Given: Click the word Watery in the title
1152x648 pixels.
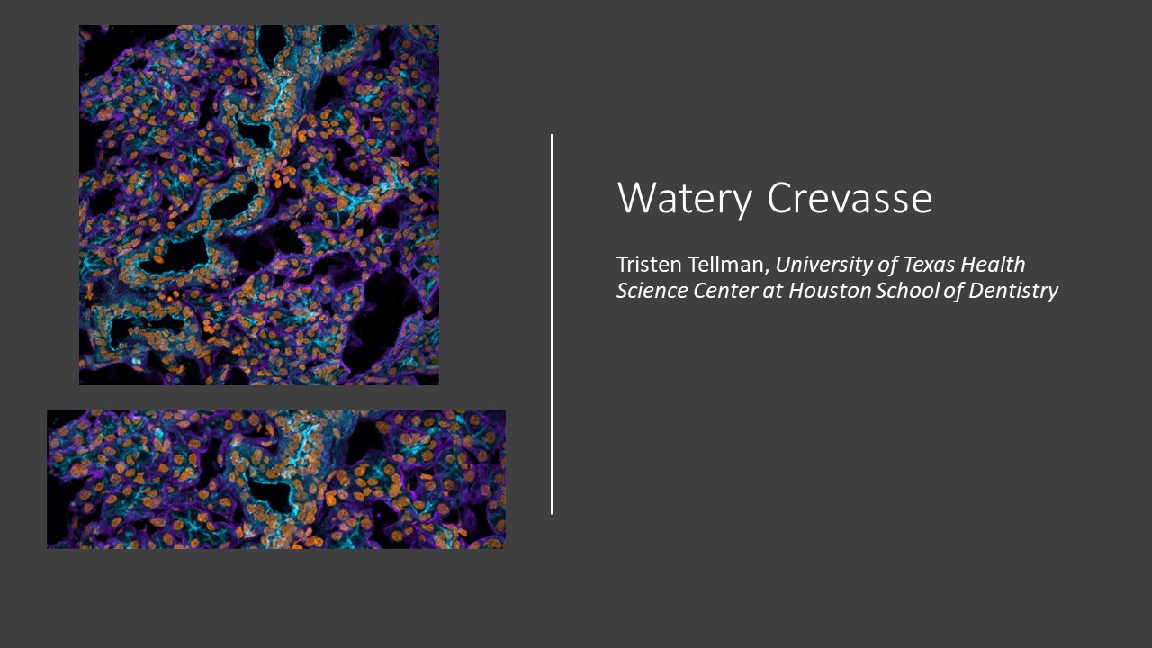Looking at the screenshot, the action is coord(685,199).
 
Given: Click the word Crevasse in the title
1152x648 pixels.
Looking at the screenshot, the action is coord(850,197).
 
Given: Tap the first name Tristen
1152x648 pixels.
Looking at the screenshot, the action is coord(650,265).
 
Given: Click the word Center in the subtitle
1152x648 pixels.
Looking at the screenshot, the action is coord(725,291).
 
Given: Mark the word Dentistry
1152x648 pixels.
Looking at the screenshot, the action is coord(1013,292).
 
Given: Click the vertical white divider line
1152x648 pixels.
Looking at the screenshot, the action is coord(552,324).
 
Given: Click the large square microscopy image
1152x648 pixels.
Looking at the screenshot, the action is coord(258,204).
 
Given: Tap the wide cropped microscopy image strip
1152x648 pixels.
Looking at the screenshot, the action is coord(276,479).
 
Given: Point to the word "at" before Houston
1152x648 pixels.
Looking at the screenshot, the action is coord(773,292).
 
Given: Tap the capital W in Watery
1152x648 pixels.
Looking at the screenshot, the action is coord(635,197).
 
